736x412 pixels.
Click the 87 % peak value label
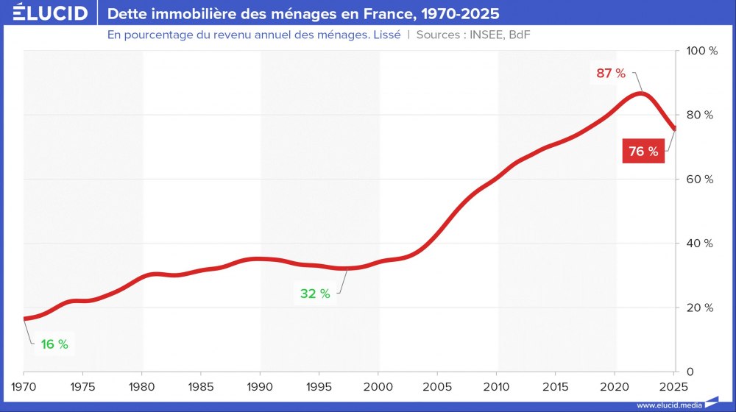coord(611,73)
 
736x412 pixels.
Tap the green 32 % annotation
coord(315,294)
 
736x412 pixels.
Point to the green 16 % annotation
coord(54,344)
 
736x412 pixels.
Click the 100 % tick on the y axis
coord(702,51)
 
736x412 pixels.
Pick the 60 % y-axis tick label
coord(699,179)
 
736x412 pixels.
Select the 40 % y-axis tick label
coord(699,244)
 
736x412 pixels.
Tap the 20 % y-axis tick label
coord(699,308)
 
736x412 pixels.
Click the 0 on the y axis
coord(690,372)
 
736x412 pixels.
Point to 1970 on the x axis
coord(24,386)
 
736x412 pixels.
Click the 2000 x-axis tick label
coord(378,386)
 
